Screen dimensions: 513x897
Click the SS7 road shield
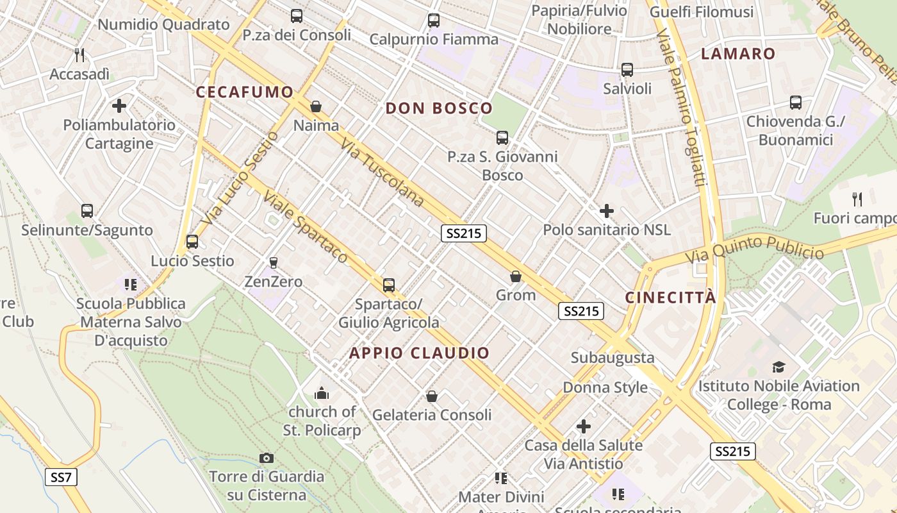[61, 477]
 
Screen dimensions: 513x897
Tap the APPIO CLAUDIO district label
[419, 353]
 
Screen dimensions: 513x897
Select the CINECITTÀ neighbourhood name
[670, 298]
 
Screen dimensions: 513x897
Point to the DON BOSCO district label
[439, 108]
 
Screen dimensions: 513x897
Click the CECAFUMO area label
[244, 92]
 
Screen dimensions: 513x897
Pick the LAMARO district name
[738, 54]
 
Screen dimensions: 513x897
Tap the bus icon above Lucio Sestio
[192, 242]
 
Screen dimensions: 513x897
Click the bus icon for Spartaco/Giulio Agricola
[388, 285]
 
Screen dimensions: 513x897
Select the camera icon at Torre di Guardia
[267, 458]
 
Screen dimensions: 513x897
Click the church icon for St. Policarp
[322, 392]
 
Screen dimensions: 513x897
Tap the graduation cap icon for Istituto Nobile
[778, 367]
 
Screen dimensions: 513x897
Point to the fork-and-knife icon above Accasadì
[79, 55]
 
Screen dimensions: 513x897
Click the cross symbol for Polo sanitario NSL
[606, 210]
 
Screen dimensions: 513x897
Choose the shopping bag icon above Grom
[515, 276]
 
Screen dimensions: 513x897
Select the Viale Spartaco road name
[306, 228]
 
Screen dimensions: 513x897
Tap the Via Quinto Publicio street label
[754, 249]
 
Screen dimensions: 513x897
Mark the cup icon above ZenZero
[274, 262]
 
